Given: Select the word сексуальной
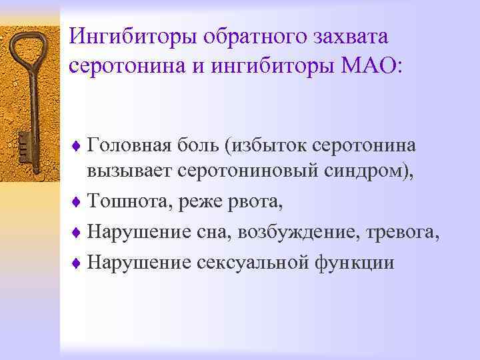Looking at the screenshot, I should [251, 263].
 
